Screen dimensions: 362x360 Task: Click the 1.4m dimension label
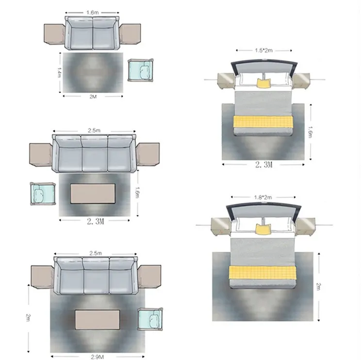(59, 72)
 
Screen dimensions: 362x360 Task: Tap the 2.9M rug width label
(97, 357)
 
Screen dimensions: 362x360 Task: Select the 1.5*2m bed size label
(263, 50)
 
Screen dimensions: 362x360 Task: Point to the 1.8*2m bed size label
(263, 197)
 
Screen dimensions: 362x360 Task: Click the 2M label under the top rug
(93, 97)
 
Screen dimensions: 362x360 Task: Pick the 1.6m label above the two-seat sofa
(92, 13)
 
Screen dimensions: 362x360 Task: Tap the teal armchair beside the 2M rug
(141, 70)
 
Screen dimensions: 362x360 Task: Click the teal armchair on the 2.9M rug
(150, 319)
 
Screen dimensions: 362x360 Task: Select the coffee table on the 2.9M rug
(98, 320)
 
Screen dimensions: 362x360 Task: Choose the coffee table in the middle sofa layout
(93, 193)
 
